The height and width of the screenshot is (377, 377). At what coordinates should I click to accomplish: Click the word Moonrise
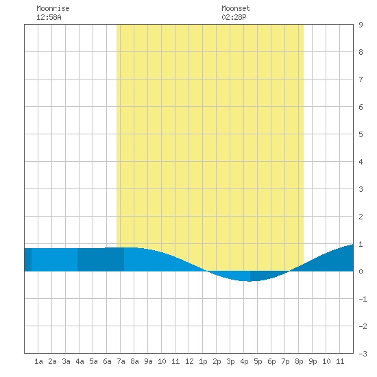[x=53, y=8]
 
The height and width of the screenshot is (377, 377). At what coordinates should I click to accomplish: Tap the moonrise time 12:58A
[x=49, y=17]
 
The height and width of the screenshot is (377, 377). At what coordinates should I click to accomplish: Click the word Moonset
[x=236, y=8]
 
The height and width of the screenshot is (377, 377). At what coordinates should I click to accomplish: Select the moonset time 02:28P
[x=234, y=17]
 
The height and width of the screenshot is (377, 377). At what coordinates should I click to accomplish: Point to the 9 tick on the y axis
[x=361, y=25]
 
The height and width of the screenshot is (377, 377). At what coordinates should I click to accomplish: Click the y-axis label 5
[x=361, y=134]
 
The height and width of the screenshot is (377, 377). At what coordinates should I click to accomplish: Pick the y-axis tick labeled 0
[x=361, y=271]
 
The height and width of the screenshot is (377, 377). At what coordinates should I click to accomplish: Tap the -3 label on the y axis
[x=363, y=354]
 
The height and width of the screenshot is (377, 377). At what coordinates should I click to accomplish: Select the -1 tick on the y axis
[x=363, y=299]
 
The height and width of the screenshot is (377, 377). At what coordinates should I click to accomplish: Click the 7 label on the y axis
[x=361, y=80]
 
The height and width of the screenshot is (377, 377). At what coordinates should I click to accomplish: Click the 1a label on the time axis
[x=38, y=361]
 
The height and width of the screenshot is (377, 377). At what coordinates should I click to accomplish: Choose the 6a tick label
[x=107, y=361]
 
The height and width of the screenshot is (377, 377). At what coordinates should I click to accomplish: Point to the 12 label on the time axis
[x=189, y=361]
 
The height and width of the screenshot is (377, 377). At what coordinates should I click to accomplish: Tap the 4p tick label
[x=244, y=361]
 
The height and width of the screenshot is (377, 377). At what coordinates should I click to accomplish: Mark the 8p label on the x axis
[x=299, y=361]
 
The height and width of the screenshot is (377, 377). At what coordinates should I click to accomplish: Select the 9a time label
[x=148, y=361]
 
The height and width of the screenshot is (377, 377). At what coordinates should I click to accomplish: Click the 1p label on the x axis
[x=203, y=361]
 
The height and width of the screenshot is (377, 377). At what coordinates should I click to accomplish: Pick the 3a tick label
[x=66, y=361]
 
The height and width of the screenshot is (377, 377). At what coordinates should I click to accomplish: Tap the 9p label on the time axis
[x=313, y=361]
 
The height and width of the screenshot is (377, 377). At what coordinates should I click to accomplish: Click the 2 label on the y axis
[x=361, y=217]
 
